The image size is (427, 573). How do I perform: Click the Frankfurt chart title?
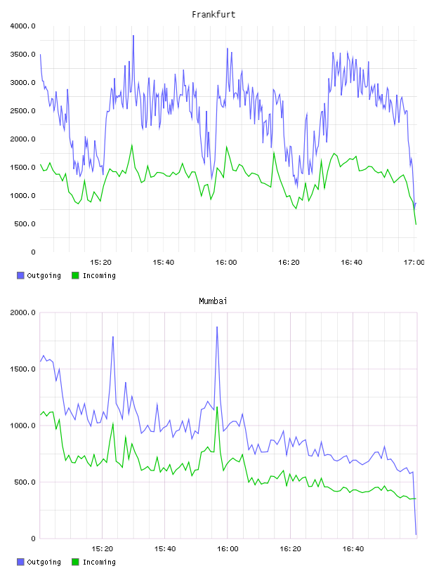click(x=213, y=15)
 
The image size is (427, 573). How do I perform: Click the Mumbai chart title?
click(x=213, y=301)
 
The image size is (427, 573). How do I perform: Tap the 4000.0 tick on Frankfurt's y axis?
click(x=22, y=26)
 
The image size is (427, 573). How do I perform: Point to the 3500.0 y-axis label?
click(x=22, y=55)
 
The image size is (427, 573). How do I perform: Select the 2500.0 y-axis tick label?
click(x=22, y=111)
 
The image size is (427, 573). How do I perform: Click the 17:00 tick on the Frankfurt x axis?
click(x=414, y=263)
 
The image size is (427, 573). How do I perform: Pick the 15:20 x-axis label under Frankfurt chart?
click(x=100, y=263)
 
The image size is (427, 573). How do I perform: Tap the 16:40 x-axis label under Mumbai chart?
click(x=353, y=549)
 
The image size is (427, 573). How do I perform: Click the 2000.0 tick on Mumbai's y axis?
click(x=22, y=312)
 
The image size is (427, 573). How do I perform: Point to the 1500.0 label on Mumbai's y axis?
click(x=22, y=369)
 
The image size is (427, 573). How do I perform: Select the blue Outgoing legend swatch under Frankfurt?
click(x=20, y=275)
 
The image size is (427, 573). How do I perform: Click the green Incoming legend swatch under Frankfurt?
click(x=75, y=275)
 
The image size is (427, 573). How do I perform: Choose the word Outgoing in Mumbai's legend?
click(x=44, y=562)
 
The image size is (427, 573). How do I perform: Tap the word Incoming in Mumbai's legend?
click(x=99, y=562)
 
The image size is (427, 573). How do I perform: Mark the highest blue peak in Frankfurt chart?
click(x=133, y=36)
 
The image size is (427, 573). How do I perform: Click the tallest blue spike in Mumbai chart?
click(x=217, y=327)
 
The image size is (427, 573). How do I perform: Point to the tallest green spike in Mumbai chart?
click(x=217, y=407)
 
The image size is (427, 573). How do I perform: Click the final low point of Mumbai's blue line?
click(x=416, y=534)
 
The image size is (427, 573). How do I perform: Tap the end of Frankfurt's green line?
click(x=416, y=225)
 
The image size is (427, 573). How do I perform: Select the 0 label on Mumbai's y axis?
click(x=33, y=539)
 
